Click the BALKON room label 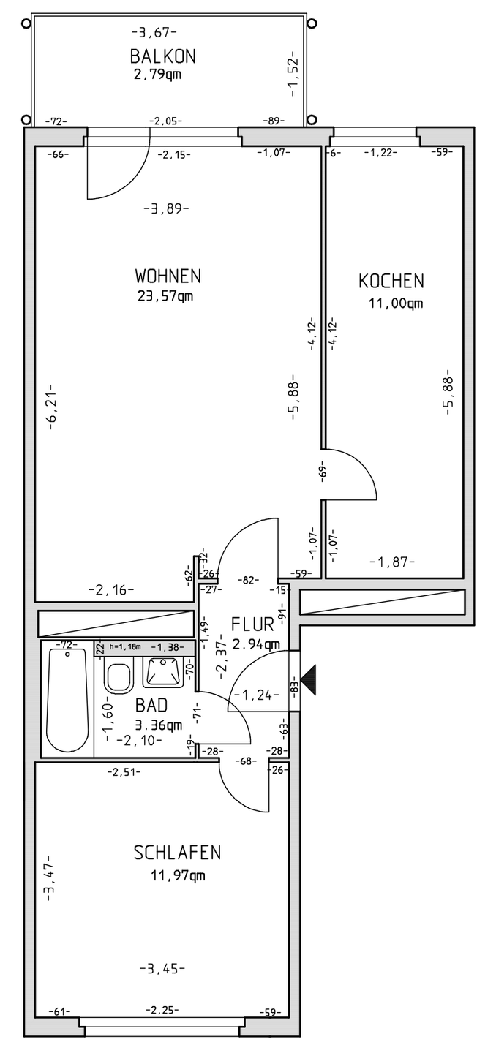[162, 56]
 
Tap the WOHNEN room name [168, 276]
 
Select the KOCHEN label [391, 281]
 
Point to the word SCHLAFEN [177, 853]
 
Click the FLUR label [252, 624]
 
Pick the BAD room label [152, 706]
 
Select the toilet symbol [118, 674]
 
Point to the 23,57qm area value [168, 296]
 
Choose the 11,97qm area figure [178, 875]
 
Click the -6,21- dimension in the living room [52, 406]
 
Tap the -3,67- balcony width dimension [154, 32]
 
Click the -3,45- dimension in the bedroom [162, 969]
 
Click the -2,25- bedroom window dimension [162, 1011]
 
